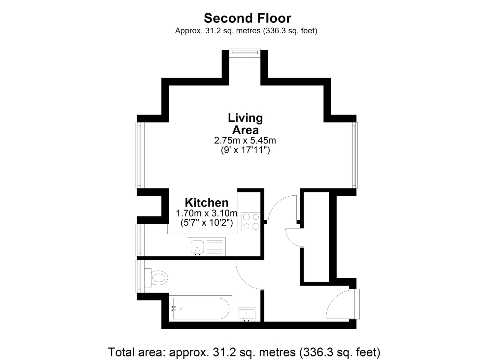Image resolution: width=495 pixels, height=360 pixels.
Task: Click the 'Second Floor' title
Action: [247, 18]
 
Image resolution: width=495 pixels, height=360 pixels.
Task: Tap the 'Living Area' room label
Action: [245, 124]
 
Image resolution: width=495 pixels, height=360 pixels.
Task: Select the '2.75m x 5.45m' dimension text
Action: [245, 140]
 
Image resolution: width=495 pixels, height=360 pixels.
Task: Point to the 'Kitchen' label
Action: [207, 202]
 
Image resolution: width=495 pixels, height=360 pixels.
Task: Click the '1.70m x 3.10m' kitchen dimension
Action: [207, 213]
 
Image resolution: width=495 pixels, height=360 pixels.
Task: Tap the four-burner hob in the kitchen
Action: [251, 222]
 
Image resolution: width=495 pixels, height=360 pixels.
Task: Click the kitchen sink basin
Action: [197, 248]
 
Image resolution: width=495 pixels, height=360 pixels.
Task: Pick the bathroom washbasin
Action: [247, 314]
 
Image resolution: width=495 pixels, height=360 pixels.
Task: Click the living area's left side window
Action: [140, 155]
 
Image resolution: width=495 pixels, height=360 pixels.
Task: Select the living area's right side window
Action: [353, 155]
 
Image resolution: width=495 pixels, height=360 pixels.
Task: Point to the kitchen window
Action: [140, 240]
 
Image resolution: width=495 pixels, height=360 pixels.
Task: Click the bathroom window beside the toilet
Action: [140, 277]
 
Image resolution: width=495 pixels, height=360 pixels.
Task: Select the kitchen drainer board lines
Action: [214, 247]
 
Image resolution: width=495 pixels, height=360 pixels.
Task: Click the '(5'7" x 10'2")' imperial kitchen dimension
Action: [207, 223]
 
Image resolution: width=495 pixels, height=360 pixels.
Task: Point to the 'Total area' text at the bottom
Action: [244, 352]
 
